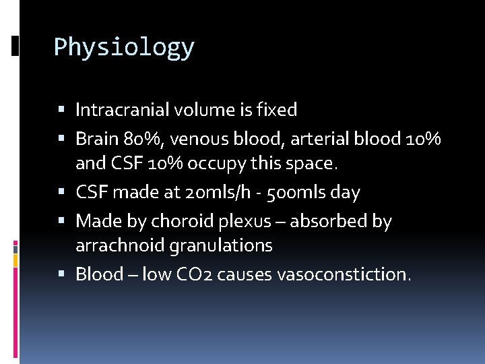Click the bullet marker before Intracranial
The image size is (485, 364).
(x=62, y=109)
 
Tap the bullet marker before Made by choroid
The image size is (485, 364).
(x=62, y=221)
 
